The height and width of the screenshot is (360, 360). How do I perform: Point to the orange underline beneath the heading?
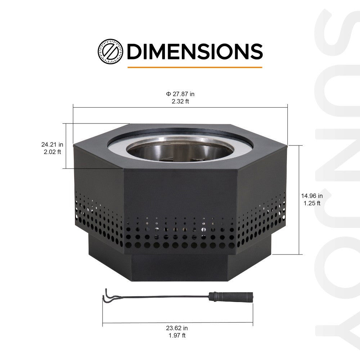coord(194,67)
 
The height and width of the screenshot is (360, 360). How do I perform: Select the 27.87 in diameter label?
coord(180,94)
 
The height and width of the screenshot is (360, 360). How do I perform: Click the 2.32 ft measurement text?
coord(180,101)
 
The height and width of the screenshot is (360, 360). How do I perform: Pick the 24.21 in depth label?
coord(52,144)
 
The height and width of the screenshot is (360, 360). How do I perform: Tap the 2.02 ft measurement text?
coord(52,152)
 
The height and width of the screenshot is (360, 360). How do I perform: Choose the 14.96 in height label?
coord(312,196)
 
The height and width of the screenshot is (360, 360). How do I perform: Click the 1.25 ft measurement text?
coord(312,203)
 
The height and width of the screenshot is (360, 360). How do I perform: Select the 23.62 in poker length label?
coord(177,328)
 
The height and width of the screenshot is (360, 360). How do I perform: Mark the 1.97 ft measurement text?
coord(177,336)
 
